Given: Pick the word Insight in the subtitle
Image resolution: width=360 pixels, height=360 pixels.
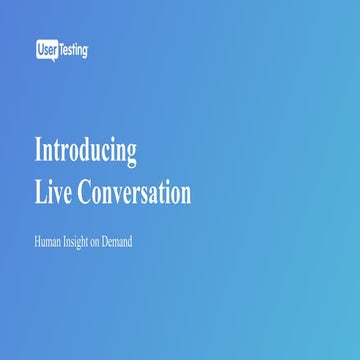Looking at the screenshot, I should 83,241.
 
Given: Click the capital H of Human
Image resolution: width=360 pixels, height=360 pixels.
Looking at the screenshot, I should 38,241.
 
